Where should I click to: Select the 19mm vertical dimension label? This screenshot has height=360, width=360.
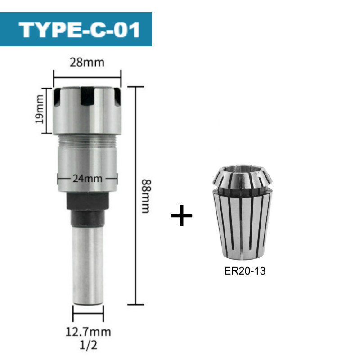[x=40, y=111]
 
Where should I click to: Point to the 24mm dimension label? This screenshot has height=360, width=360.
[x=87, y=178]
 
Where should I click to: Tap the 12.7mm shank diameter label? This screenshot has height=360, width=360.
[x=88, y=333]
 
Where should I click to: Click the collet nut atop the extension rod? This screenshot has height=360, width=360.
[x=87, y=110]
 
